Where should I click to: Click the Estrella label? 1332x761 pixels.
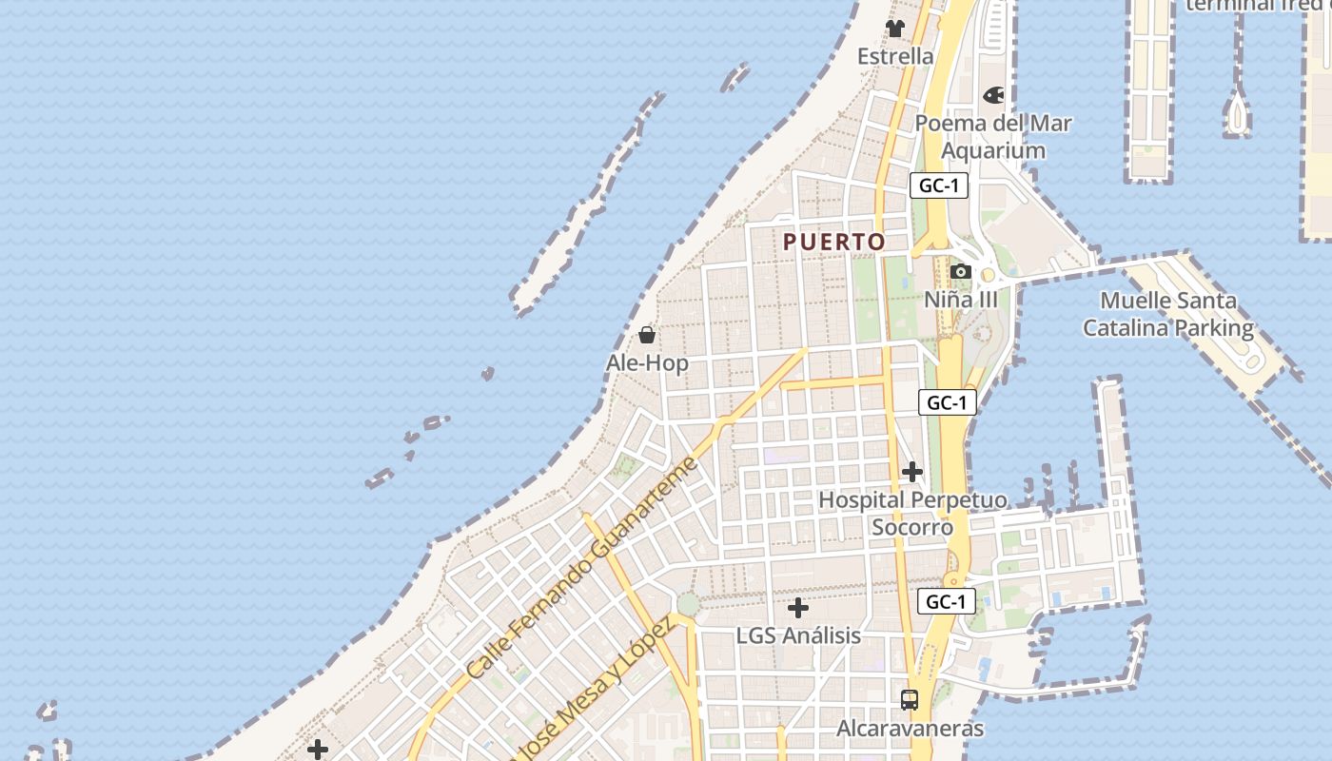(x=895, y=56)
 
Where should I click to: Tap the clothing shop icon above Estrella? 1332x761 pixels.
(x=895, y=29)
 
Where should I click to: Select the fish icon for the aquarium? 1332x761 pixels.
(x=993, y=95)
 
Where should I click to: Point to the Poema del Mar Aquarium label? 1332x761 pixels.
(x=993, y=137)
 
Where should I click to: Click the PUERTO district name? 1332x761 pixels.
(x=834, y=243)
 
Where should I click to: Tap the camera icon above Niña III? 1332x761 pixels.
(x=961, y=272)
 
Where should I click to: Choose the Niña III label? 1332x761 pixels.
(x=961, y=300)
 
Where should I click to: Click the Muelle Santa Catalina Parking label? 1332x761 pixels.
(x=1168, y=315)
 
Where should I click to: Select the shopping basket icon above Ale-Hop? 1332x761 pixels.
(x=647, y=335)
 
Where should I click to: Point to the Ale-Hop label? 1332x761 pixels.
(x=647, y=363)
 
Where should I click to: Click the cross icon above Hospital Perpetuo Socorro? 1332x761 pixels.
(x=912, y=471)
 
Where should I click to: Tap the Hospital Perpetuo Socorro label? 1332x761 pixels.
(x=912, y=513)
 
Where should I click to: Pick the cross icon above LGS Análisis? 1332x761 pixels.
(x=798, y=607)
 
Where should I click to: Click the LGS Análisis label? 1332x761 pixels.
(x=798, y=635)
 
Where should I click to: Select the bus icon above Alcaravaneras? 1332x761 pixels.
(x=910, y=700)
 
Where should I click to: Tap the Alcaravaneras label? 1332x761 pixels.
(x=910, y=729)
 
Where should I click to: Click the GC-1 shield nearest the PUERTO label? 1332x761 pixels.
(x=938, y=185)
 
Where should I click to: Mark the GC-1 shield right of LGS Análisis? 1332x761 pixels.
(x=946, y=601)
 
